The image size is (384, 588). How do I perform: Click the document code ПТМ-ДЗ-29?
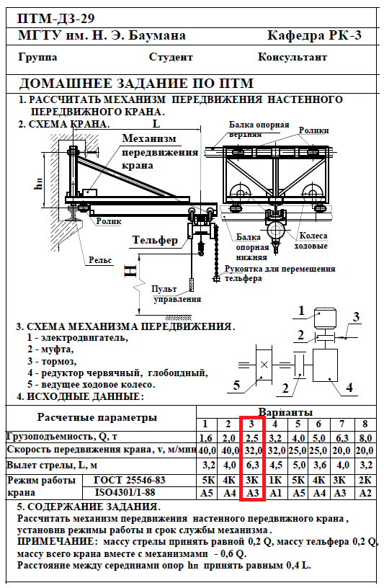pos(56,19)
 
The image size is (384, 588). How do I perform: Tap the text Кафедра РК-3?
pos(314,35)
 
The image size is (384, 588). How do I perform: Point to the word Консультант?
pos(293,57)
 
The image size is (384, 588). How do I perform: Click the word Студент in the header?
pos(171,57)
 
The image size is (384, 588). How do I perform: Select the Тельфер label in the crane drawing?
pos(155,240)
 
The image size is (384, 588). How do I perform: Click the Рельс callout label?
pos(100,260)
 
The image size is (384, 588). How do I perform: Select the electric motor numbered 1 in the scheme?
pos(325,318)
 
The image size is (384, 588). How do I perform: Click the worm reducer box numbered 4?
pos(325,365)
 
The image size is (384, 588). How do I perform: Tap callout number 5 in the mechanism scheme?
pos(236,385)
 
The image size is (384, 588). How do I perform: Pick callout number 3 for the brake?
pos(356,317)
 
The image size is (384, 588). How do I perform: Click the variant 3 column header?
pos(251,424)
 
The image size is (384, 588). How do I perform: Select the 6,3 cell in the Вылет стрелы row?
pos(252,465)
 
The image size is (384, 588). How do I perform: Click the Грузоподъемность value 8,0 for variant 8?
pos(365,437)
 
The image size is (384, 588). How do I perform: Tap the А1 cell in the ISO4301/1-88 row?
pos(276,493)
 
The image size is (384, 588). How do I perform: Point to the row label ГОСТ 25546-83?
pos(130,480)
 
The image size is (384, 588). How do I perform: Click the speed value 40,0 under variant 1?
pos(206,450)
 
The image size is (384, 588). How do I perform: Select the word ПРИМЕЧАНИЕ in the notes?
pos(55,541)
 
